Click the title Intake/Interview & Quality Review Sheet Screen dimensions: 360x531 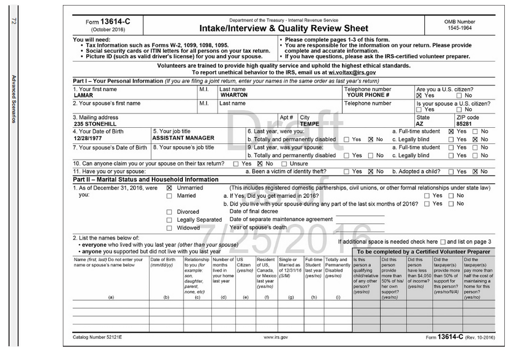[284, 28]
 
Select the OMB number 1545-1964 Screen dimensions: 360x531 [459, 27]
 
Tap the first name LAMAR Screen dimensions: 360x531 [83, 95]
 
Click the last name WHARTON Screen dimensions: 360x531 [234, 95]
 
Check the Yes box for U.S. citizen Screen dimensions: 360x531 [420, 96]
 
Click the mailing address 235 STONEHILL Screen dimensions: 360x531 [97, 124]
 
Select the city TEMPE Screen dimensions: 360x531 [309, 124]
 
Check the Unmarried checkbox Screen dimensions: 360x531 [170, 188]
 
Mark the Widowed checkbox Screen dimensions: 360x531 [170, 228]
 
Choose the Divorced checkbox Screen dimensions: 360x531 [170, 212]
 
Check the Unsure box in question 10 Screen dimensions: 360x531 [284, 164]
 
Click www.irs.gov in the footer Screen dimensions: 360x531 [275, 337]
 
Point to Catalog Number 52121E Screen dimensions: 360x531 [97, 337]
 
